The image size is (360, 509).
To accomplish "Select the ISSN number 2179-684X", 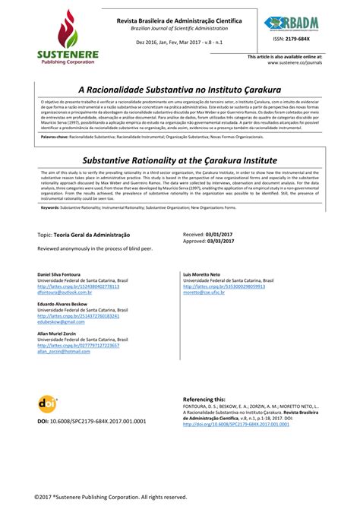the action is coord(301,39).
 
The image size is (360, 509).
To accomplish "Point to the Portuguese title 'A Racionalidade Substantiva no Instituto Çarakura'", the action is coord(180,88).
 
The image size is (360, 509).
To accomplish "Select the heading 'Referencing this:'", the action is coord(204,398).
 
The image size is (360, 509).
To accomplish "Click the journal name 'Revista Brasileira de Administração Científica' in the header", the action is coord(179,19).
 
